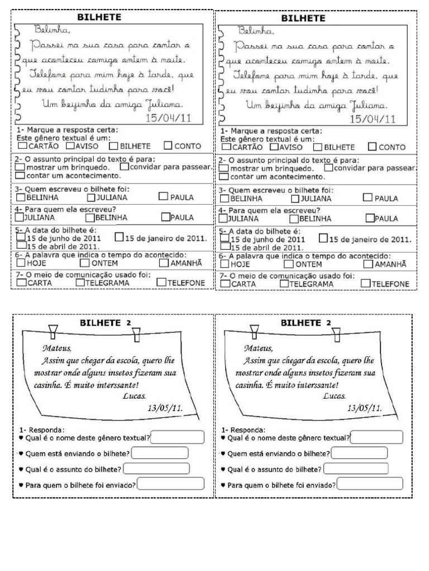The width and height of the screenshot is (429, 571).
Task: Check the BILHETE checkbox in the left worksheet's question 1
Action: (x=113, y=146)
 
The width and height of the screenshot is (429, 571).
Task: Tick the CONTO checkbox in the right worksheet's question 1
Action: (x=373, y=147)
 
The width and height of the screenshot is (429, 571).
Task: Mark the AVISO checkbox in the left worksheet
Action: (x=70, y=146)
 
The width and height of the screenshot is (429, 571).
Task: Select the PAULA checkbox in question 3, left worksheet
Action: (x=163, y=196)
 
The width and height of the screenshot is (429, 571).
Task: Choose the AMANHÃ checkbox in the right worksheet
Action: (x=368, y=264)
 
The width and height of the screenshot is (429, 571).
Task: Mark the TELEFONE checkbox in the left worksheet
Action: (x=161, y=283)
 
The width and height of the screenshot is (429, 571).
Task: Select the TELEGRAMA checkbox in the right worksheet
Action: (x=284, y=284)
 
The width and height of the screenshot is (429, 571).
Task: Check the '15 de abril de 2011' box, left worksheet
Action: (x=22, y=245)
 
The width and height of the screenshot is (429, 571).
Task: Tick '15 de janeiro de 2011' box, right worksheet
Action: (x=323, y=239)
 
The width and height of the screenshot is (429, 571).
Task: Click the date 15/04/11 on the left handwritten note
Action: (x=168, y=118)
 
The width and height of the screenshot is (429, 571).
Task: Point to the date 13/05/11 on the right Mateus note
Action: (x=364, y=408)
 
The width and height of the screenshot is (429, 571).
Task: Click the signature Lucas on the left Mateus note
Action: (x=133, y=396)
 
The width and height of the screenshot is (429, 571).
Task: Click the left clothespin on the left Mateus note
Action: (x=53, y=332)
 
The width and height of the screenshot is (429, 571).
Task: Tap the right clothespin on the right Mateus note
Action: (x=337, y=334)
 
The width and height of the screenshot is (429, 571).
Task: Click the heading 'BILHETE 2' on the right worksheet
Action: (x=306, y=322)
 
